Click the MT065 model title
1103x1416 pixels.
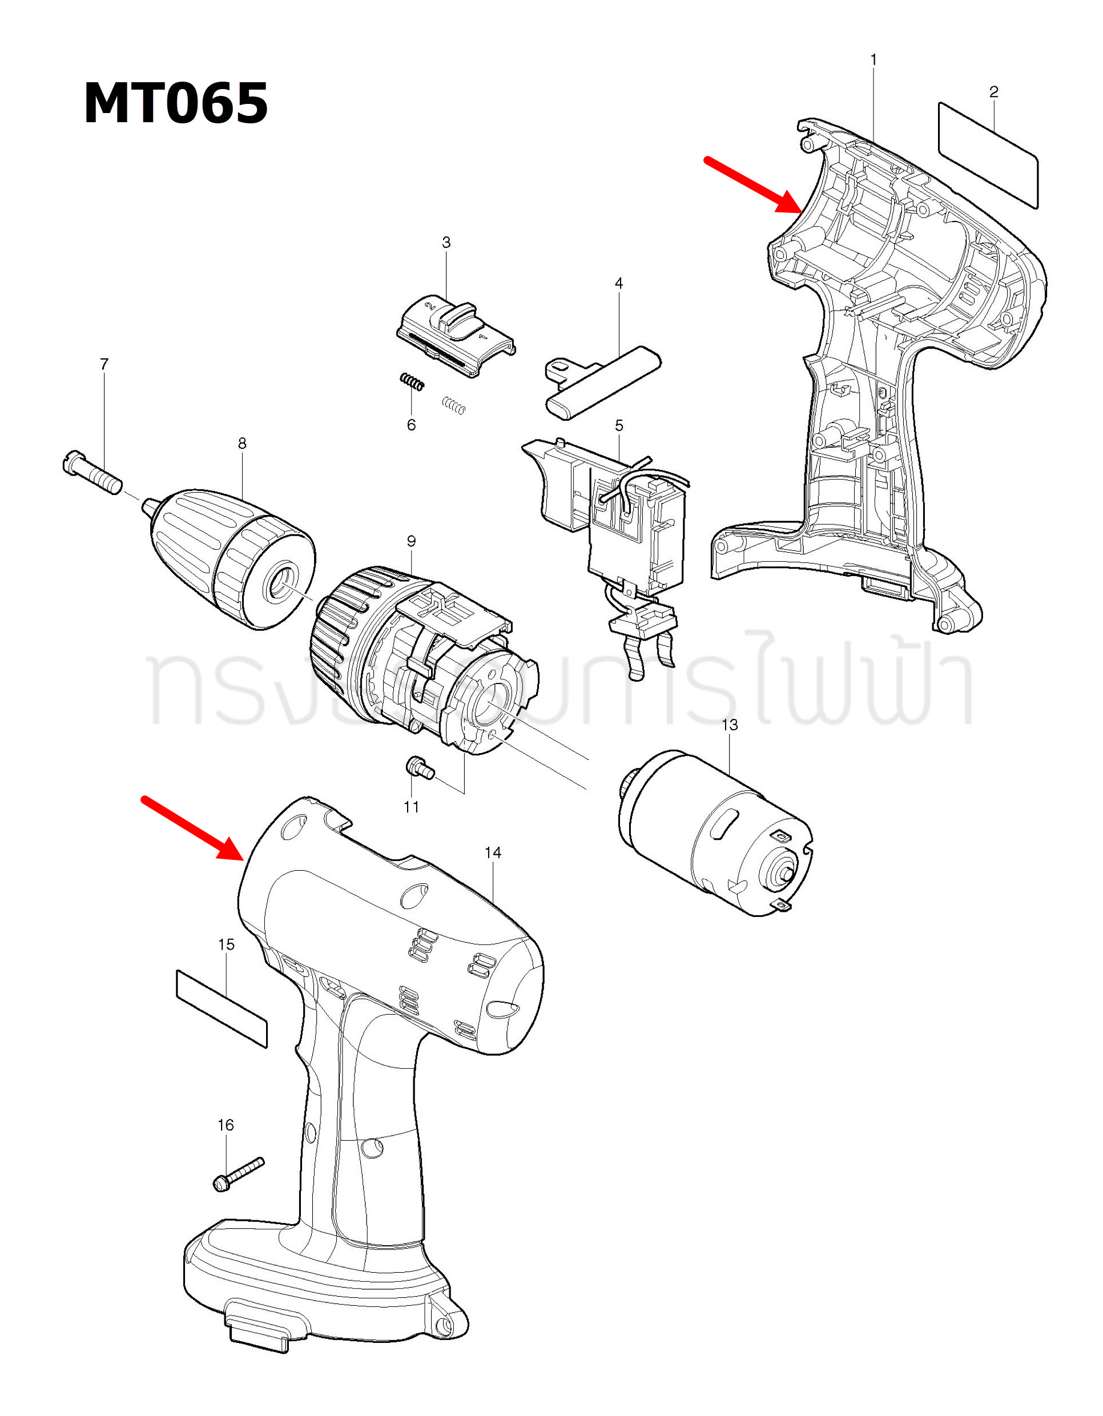point(176,104)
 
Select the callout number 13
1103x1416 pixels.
point(730,725)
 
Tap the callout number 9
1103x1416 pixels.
point(411,541)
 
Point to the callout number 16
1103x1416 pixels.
point(226,1125)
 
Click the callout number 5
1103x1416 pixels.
point(619,425)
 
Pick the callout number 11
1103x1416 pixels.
point(411,807)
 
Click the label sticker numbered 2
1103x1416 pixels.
point(988,156)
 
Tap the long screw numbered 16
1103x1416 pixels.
point(239,1173)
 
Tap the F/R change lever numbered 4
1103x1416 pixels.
point(603,383)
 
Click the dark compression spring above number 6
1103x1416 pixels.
point(412,382)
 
